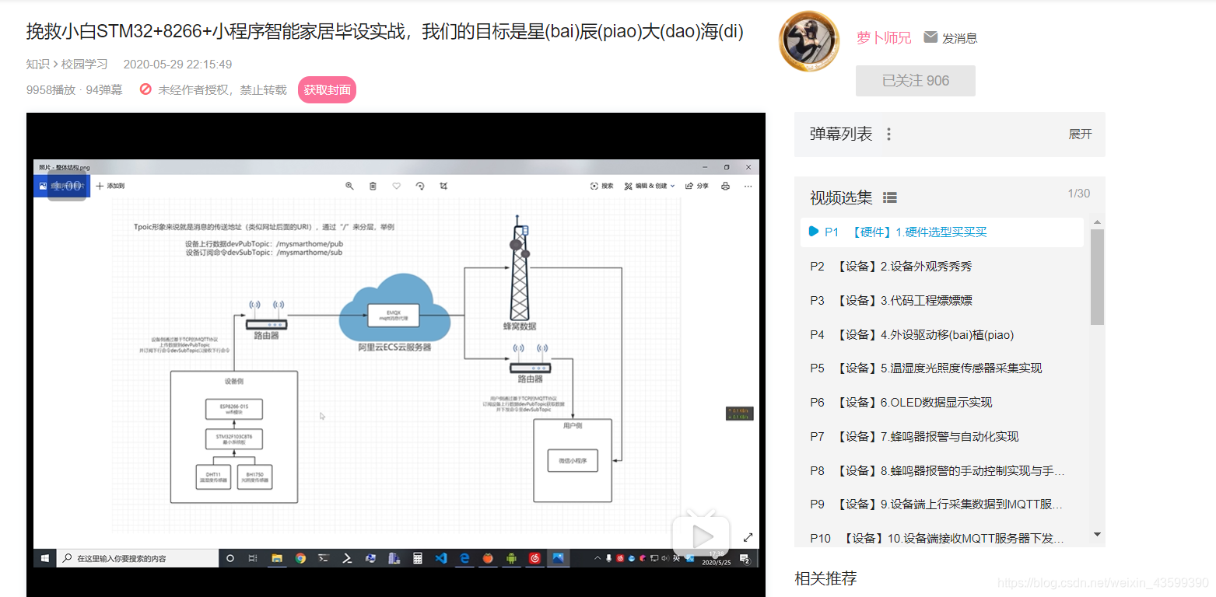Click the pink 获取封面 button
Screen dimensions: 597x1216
point(327,90)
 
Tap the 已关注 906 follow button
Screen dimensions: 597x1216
point(915,81)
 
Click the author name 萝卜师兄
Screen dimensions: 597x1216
point(884,37)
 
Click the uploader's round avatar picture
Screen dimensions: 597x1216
point(809,41)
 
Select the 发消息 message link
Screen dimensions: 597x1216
point(951,38)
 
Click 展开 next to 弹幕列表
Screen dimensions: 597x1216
point(1080,134)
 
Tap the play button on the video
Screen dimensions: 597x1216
point(701,535)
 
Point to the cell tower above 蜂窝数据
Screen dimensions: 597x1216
point(519,268)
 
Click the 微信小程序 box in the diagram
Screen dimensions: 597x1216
point(572,460)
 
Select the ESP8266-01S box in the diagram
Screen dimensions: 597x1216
point(233,409)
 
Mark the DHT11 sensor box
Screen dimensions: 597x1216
point(213,476)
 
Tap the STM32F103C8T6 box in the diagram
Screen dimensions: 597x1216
point(233,439)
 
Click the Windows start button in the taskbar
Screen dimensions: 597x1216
point(45,558)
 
